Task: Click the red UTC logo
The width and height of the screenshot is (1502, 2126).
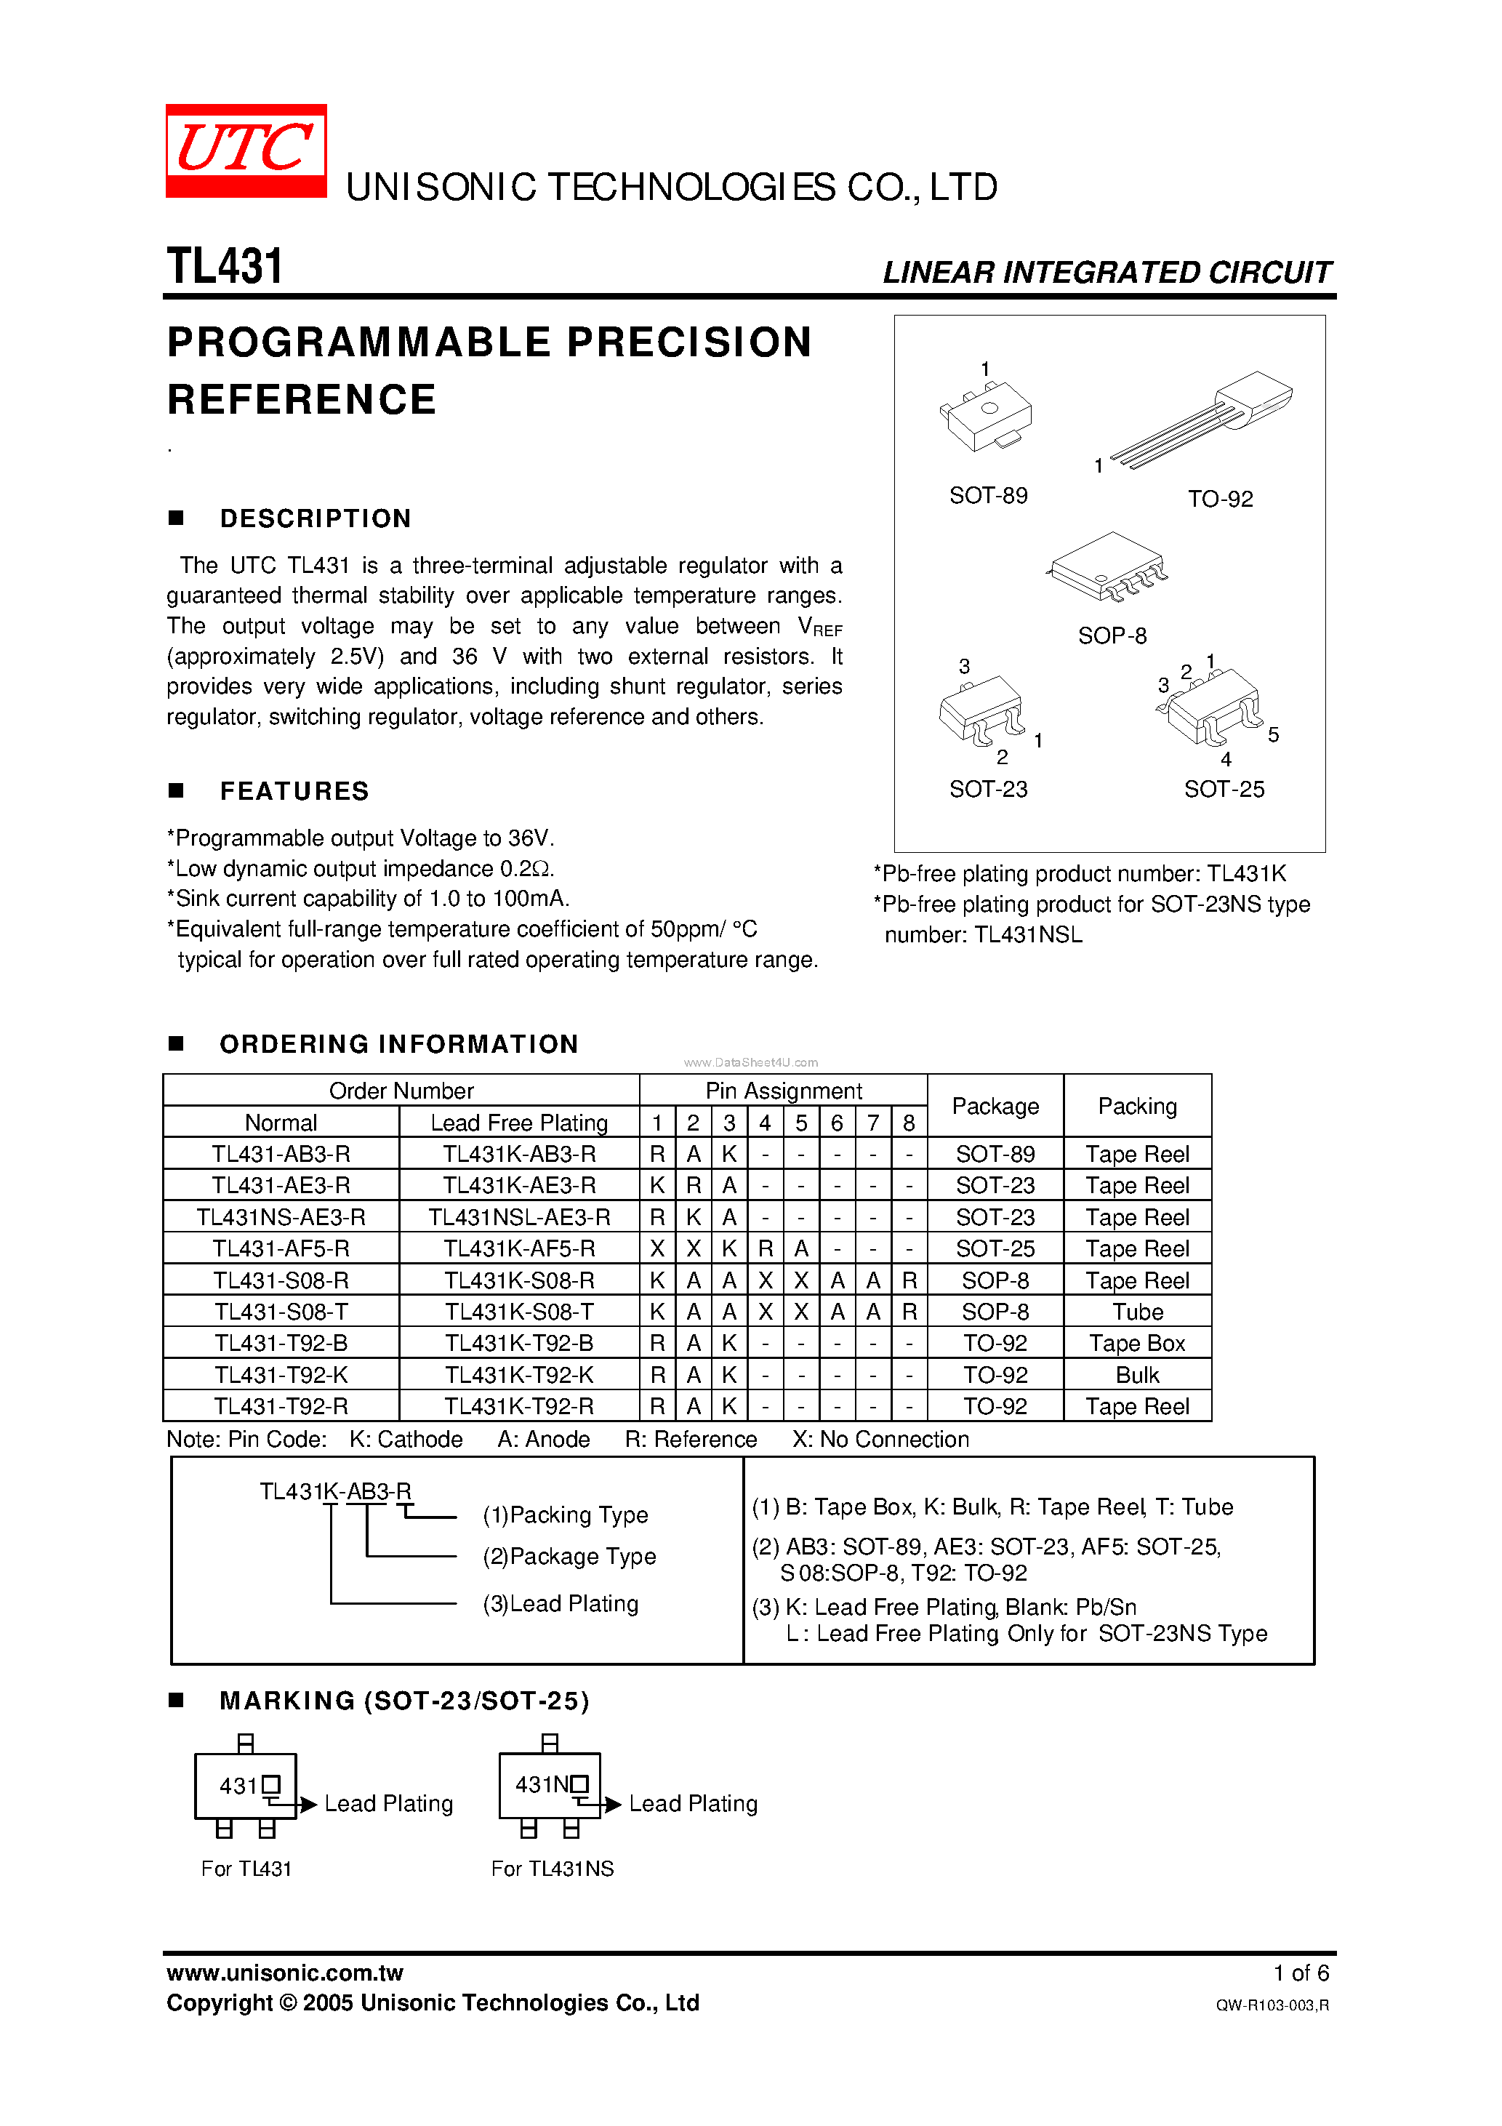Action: pos(246,150)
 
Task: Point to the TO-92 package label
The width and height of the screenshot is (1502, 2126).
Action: pos(1220,499)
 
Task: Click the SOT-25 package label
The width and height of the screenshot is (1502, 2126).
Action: pos(1224,789)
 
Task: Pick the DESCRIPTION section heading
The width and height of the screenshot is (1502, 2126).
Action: pos(315,518)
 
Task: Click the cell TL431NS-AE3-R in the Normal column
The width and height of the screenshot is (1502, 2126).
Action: pos(281,1216)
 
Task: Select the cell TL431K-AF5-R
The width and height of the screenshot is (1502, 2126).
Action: pos(518,1248)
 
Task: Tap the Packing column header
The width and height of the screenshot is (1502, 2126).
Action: pos(1136,1106)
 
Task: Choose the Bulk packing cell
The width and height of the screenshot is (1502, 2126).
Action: pos(1136,1375)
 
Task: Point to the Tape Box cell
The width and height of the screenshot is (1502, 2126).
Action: pos(1136,1343)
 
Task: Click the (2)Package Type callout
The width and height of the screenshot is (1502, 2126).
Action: pos(569,1557)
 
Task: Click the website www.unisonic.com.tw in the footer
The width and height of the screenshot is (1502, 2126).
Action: pos(284,1973)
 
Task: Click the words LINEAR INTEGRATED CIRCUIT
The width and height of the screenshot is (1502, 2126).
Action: pos(1106,272)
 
